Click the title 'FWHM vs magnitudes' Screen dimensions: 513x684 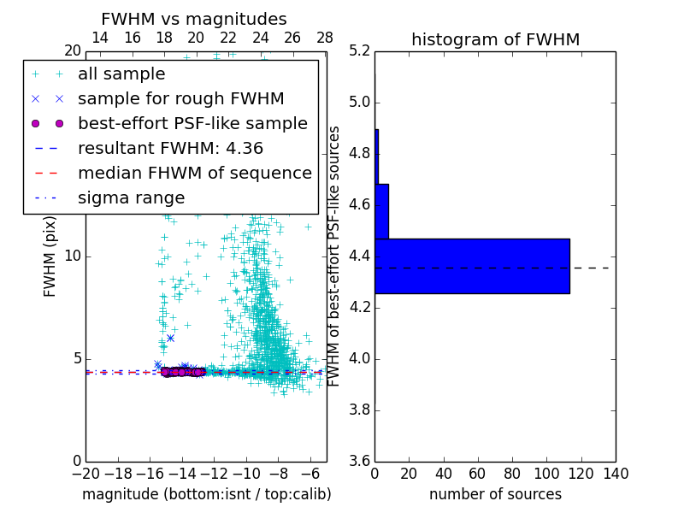[x=194, y=19]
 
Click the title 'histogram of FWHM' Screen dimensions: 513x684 [x=495, y=39]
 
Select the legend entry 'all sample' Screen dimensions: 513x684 [x=121, y=74]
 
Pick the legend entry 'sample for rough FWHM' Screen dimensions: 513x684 [x=180, y=99]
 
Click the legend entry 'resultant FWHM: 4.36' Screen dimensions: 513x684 [x=170, y=149]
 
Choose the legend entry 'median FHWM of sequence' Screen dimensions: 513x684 [x=194, y=174]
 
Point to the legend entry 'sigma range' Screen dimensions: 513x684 [x=131, y=198]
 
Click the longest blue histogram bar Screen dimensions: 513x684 [x=472, y=266]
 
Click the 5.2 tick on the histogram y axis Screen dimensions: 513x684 [x=359, y=51]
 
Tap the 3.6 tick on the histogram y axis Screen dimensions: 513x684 [x=359, y=461]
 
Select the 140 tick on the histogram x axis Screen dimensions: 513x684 [x=616, y=474]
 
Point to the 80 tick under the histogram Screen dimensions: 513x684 [x=512, y=474]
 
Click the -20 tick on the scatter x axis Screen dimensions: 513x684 [x=85, y=474]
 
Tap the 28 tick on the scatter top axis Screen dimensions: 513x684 [x=325, y=38]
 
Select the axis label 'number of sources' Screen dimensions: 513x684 [x=495, y=494]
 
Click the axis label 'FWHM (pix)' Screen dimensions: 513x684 [x=50, y=256]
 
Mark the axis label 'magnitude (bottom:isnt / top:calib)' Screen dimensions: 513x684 [x=206, y=494]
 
